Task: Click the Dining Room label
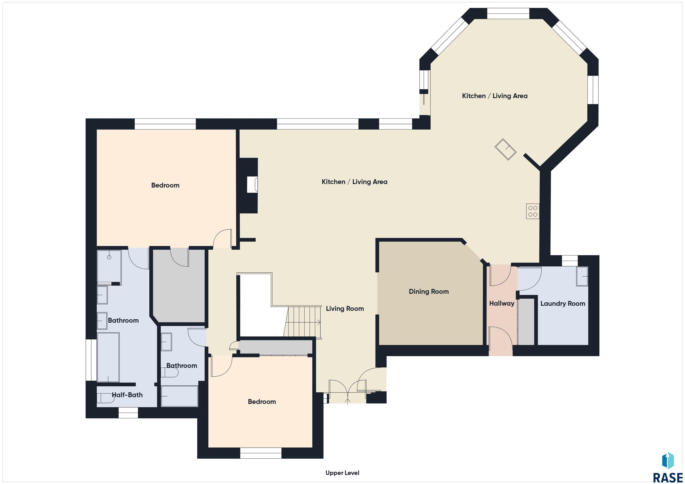[429, 292]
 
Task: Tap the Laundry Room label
[563, 304]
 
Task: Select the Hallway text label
[502, 303]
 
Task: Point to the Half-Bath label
[127, 395]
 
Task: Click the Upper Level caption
[342, 473]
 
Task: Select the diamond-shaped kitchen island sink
[505, 150]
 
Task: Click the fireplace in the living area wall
[252, 184]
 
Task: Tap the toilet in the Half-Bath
[106, 398]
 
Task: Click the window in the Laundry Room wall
[570, 261]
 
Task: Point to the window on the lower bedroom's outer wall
[261, 453]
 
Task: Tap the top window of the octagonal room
[508, 13]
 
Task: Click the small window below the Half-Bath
[128, 413]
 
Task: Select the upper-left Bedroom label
[165, 185]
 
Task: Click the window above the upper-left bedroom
[165, 124]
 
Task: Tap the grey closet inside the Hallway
[526, 322]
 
